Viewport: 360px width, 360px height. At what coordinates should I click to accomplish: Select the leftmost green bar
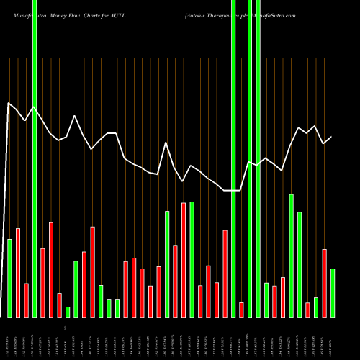pos(9,278)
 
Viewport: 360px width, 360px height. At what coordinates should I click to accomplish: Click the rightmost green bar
pos(332,293)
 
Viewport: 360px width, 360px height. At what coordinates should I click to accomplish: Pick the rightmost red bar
pos(324,283)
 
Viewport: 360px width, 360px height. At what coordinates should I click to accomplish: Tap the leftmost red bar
pos(18,273)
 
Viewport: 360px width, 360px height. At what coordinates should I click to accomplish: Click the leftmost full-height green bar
pos(35,158)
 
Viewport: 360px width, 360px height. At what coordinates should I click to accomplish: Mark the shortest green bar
pos(68,312)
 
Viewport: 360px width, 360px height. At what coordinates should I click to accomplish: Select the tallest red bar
pos(184,260)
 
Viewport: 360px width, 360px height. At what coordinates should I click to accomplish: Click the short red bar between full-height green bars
pos(241,310)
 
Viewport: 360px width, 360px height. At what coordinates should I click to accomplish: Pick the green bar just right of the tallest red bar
pos(192,259)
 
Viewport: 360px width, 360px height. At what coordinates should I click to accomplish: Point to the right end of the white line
pos(332,137)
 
